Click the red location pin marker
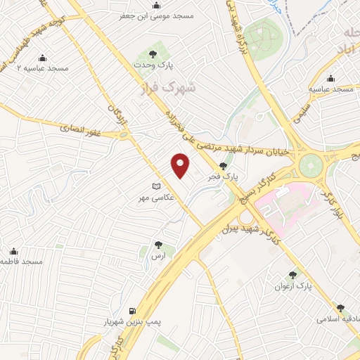click(x=181, y=165)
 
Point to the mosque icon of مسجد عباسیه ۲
click(x=42, y=58)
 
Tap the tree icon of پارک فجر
click(x=223, y=166)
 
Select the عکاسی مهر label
click(x=155, y=199)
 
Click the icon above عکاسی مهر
click(x=156, y=186)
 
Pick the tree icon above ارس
click(x=159, y=246)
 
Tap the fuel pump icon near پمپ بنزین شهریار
click(x=131, y=310)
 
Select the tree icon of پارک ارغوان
click(x=292, y=275)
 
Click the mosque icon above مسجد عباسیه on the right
click(x=331, y=79)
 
